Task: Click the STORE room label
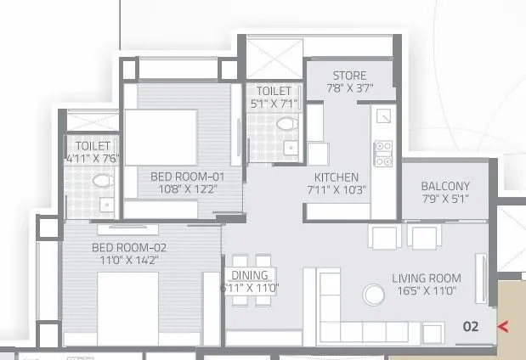pos(349,75)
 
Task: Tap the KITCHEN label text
pos(337,177)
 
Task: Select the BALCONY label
pos(445,186)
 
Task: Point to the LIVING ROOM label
pos(427,278)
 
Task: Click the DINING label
pos(249,275)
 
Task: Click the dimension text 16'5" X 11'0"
pos(427,290)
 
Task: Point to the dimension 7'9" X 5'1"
pos(445,199)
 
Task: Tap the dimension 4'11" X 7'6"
pos(93,157)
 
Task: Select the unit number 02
pos(471,325)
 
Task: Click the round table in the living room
pos(372,295)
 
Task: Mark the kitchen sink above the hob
pos(384,115)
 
